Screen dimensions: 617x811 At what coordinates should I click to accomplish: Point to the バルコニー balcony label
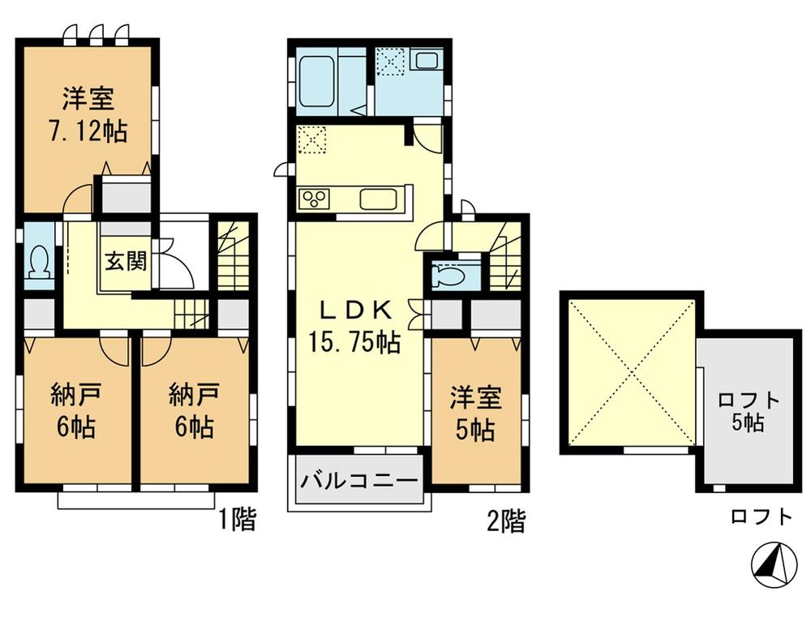[359, 480]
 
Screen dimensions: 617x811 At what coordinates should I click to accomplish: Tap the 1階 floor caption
[238, 520]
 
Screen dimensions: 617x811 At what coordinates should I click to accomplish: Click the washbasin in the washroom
[425, 62]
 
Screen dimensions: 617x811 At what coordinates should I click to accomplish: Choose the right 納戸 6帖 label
[192, 411]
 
